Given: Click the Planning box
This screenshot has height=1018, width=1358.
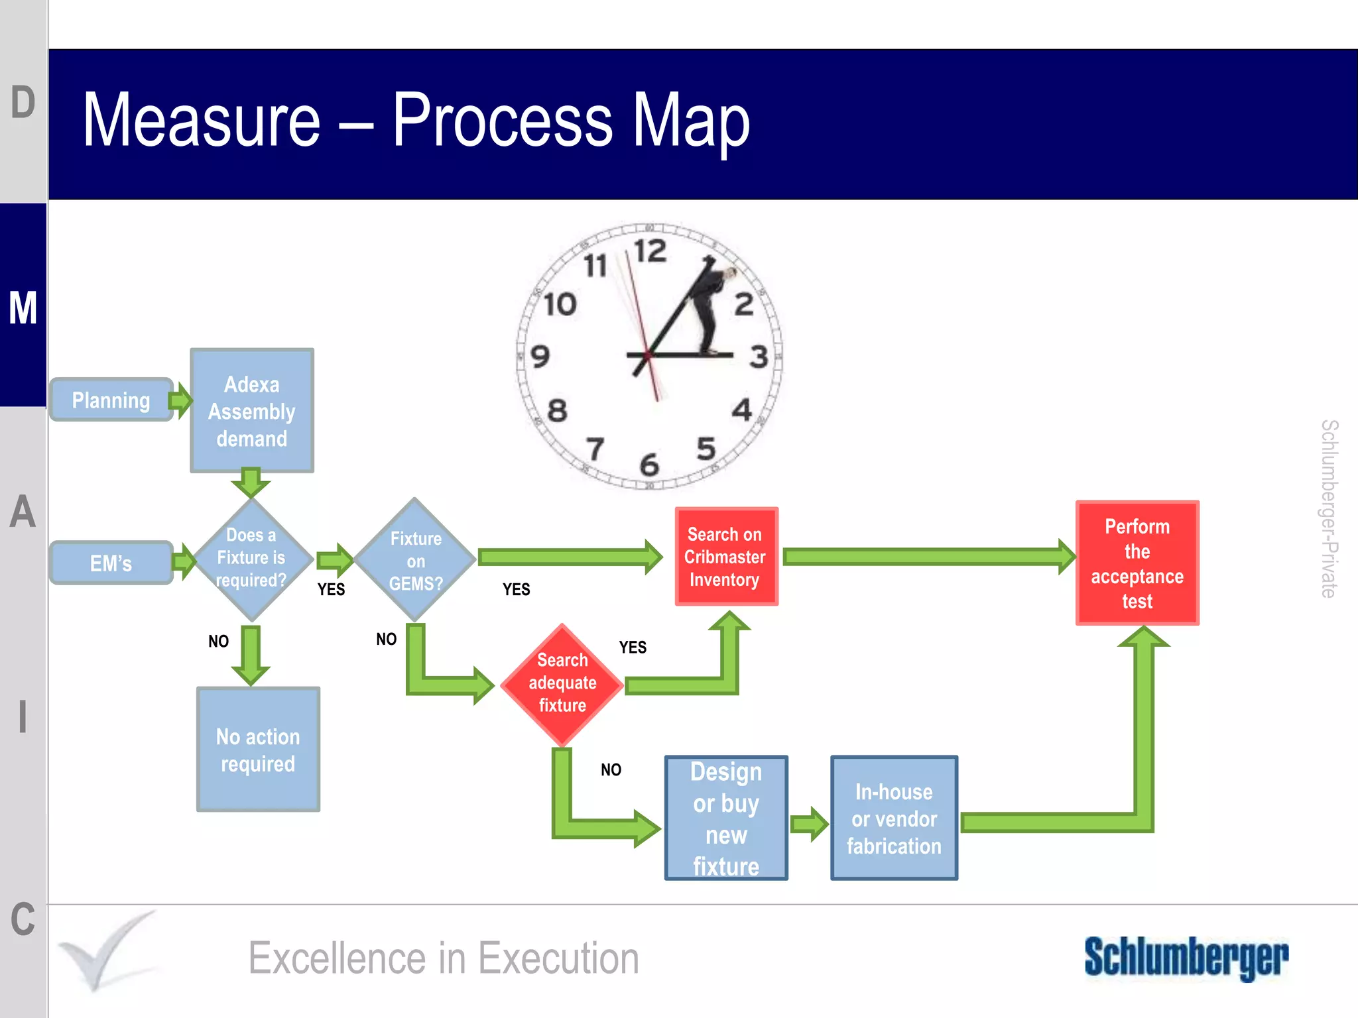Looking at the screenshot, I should (x=111, y=400).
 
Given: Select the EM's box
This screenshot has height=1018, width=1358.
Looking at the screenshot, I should (x=111, y=563).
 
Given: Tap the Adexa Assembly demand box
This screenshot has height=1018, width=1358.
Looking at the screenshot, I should (x=252, y=411).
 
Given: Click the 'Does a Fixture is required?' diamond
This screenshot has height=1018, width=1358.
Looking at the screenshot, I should (x=251, y=558).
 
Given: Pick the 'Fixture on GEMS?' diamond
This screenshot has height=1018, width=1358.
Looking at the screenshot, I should (x=416, y=561).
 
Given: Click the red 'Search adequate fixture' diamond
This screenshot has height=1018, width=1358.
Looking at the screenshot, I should (x=562, y=683).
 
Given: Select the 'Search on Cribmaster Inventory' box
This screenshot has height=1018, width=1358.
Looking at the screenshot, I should (x=726, y=557).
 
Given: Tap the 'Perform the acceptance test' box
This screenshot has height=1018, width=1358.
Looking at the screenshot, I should (x=1137, y=563).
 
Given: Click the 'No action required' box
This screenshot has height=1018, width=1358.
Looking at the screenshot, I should (x=258, y=750).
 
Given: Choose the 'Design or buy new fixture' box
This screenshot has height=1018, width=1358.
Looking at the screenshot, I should (x=726, y=818).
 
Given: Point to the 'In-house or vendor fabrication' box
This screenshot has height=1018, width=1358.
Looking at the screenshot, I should (x=894, y=818).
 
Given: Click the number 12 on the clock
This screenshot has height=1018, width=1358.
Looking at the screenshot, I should (x=650, y=252).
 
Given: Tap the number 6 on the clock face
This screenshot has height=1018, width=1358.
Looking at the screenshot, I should (x=649, y=464).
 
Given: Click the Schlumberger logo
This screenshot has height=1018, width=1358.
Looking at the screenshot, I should (x=1186, y=958).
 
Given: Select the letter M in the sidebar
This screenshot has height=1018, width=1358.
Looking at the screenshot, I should (x=23, y=308).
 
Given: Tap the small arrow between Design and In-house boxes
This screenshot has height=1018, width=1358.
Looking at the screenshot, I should (x=810, y=824).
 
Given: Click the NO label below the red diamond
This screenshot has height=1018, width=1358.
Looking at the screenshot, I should (x=611, y=769).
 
